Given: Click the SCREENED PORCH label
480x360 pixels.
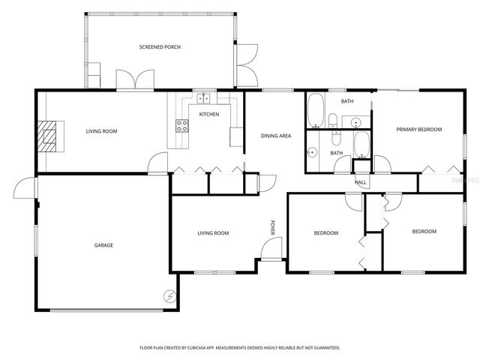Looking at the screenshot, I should tap(160, 47).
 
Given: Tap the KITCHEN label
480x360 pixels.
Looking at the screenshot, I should tap(208, 114).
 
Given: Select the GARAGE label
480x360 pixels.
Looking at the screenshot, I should tap(103, 244).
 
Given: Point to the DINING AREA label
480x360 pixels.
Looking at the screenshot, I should tap(275, 136).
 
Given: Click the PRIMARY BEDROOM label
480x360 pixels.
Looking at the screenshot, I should tap(418, 129).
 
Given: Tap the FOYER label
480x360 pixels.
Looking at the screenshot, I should tap(273, 227).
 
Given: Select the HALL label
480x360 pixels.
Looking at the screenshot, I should tap(360, 182).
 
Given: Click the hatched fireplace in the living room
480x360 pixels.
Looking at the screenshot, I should tap(49, 136).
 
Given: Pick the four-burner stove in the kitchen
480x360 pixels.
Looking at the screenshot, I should tap(182, 126).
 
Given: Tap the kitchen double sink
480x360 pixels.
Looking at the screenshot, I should tap(203, 97).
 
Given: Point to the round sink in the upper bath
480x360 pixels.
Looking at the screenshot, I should tap(356, 121).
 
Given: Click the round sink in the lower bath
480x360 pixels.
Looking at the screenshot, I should tap(311, 151).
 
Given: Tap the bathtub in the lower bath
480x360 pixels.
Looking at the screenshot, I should tap(361, 143).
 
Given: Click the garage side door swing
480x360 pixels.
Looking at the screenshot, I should tap(27, 187).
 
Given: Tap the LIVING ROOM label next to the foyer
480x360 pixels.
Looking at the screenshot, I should tap(213, 233).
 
